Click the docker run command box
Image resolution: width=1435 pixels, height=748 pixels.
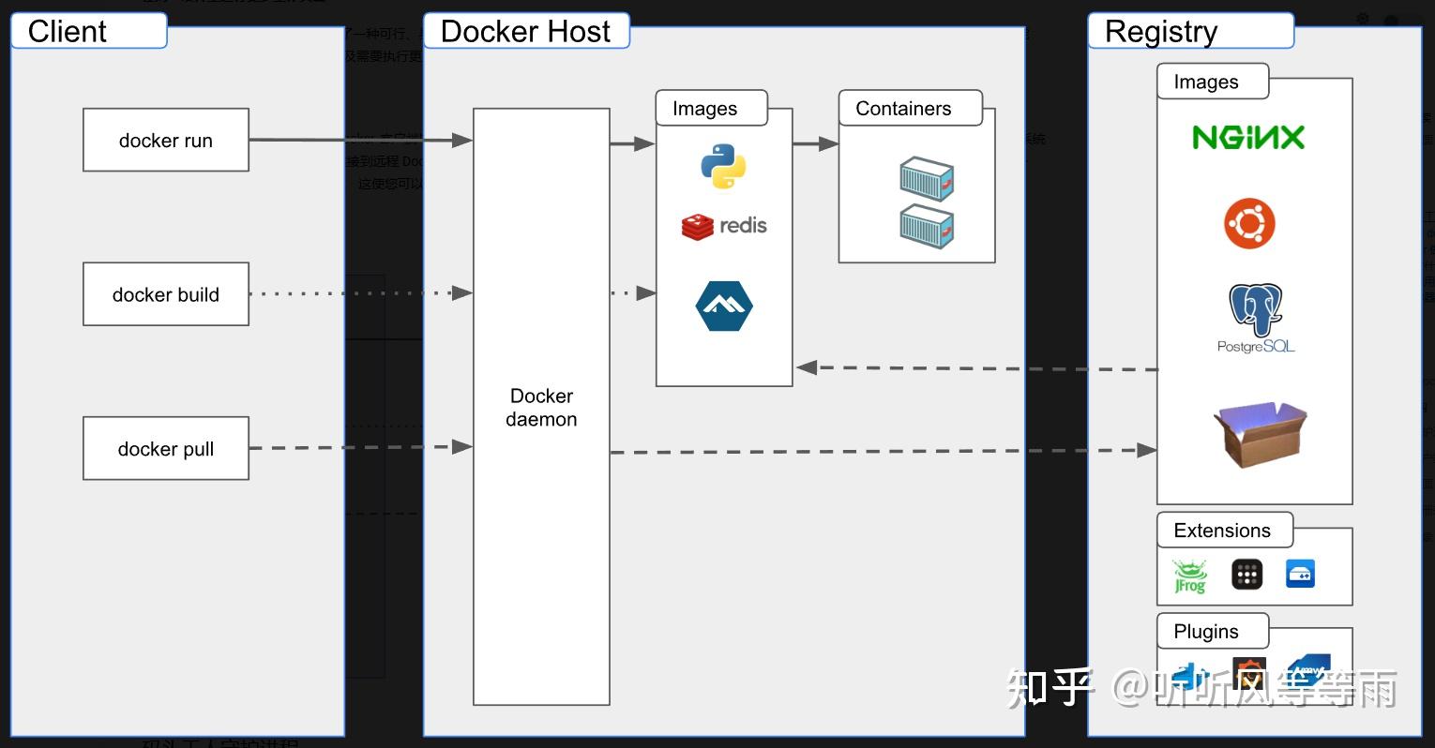tap(165, 140)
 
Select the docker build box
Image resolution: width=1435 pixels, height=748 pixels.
tap(165, 294)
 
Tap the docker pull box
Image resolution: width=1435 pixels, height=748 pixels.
tap(165, 449)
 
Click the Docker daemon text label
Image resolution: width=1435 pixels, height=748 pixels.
tap(541, 408)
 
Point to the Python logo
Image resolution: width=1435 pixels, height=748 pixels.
tap(723, 167)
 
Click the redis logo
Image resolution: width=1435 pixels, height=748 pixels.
tap(723, 226)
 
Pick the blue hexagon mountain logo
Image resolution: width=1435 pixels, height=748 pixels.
tap(724, 306)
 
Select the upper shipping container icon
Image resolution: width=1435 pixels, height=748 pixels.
tap(927, 179)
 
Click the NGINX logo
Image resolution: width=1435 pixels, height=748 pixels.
tap(1247, 138)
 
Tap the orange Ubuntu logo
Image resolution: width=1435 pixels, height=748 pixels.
tap(1249, 223)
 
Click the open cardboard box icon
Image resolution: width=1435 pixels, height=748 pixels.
tap(1260, 433)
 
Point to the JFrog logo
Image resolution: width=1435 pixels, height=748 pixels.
tap(1190, 576)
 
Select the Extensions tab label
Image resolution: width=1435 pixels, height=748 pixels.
tap(1222, 531)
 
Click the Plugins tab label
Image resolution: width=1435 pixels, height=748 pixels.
tap(1206, 632)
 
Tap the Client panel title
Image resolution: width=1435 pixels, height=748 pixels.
tap(68, 31)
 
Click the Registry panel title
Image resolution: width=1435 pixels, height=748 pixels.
tap(1161, 31)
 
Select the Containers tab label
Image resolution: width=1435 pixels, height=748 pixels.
tap(903, 109)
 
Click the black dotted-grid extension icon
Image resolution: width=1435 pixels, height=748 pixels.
tap(1246, 574)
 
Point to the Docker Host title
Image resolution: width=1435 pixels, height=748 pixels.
tap(525, 31)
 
